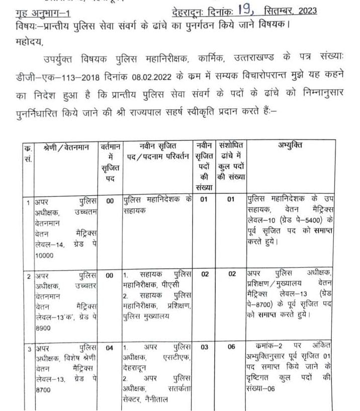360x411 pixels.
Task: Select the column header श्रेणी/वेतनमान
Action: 65,145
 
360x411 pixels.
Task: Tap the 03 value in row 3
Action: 204,347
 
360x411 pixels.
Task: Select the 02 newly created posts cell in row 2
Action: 204,274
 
